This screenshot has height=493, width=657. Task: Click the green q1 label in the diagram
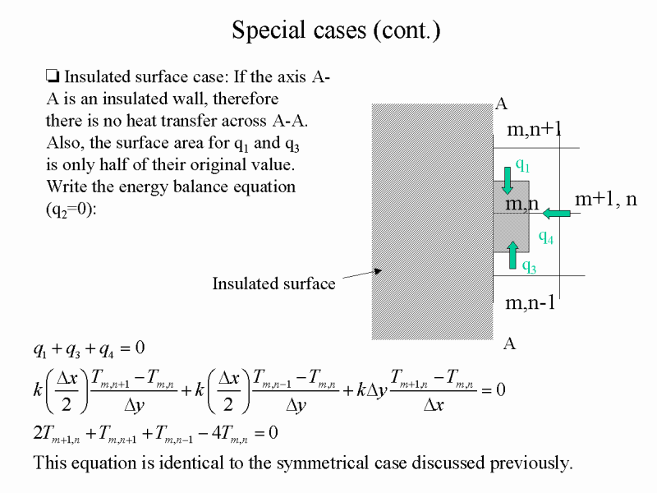coord(522,165)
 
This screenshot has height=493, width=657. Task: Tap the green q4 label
coord(546,237)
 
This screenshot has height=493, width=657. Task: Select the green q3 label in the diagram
coord(529,265)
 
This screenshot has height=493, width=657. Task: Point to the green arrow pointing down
coord(508,181)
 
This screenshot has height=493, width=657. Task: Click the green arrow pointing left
coord(557,214)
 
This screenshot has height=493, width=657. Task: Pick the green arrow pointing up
coord(512,255)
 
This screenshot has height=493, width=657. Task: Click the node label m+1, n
coord(606,199)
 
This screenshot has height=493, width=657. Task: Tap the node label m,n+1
coord(534,129)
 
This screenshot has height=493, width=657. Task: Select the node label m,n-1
coord(530,302)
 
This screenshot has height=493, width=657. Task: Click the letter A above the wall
coord(501,104)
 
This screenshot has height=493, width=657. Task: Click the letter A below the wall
coord(509,343)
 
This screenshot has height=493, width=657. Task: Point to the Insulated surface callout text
coord(273,283)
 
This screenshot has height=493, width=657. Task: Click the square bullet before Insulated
coord(53,76)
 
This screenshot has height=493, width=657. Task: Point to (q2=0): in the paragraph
coord(71,209)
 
